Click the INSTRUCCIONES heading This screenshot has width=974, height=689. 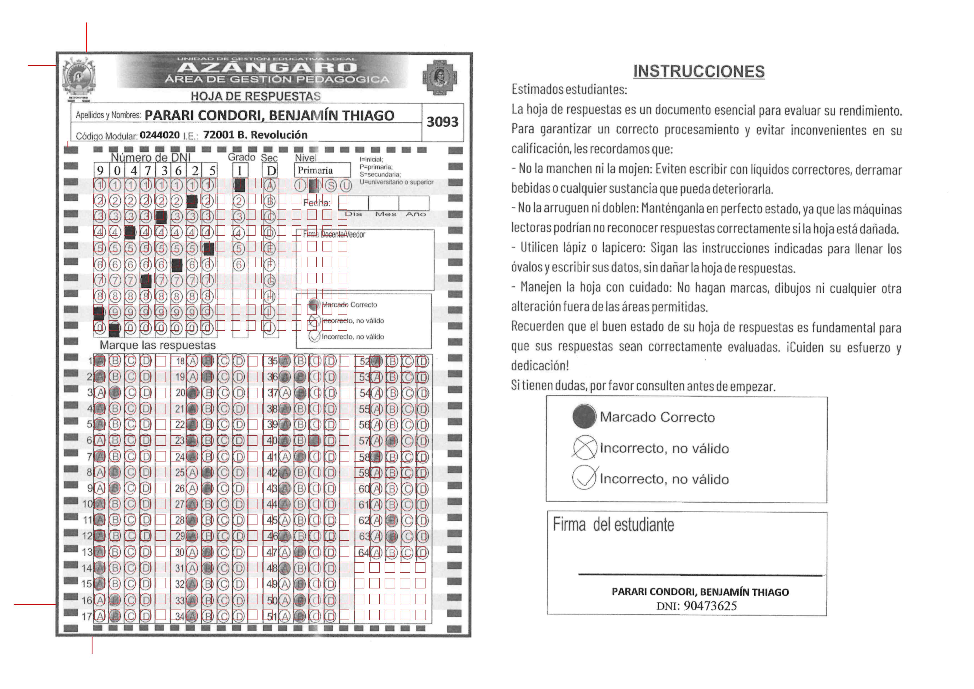[699, 71]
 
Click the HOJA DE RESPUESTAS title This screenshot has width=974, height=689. [256, 96]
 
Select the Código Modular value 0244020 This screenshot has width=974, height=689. [160, 135]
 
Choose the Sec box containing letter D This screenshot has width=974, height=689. [271, 171]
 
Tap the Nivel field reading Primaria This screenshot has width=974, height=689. [322, 170]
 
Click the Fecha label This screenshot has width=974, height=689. [316, 203]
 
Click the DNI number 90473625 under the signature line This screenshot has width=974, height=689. [710, 606]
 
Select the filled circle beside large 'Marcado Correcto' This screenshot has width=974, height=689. [584, 417]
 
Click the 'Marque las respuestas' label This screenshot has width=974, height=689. [157, 345]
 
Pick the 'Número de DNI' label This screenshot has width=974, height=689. [151, 158]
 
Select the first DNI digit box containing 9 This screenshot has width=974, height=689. [100, 171]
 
